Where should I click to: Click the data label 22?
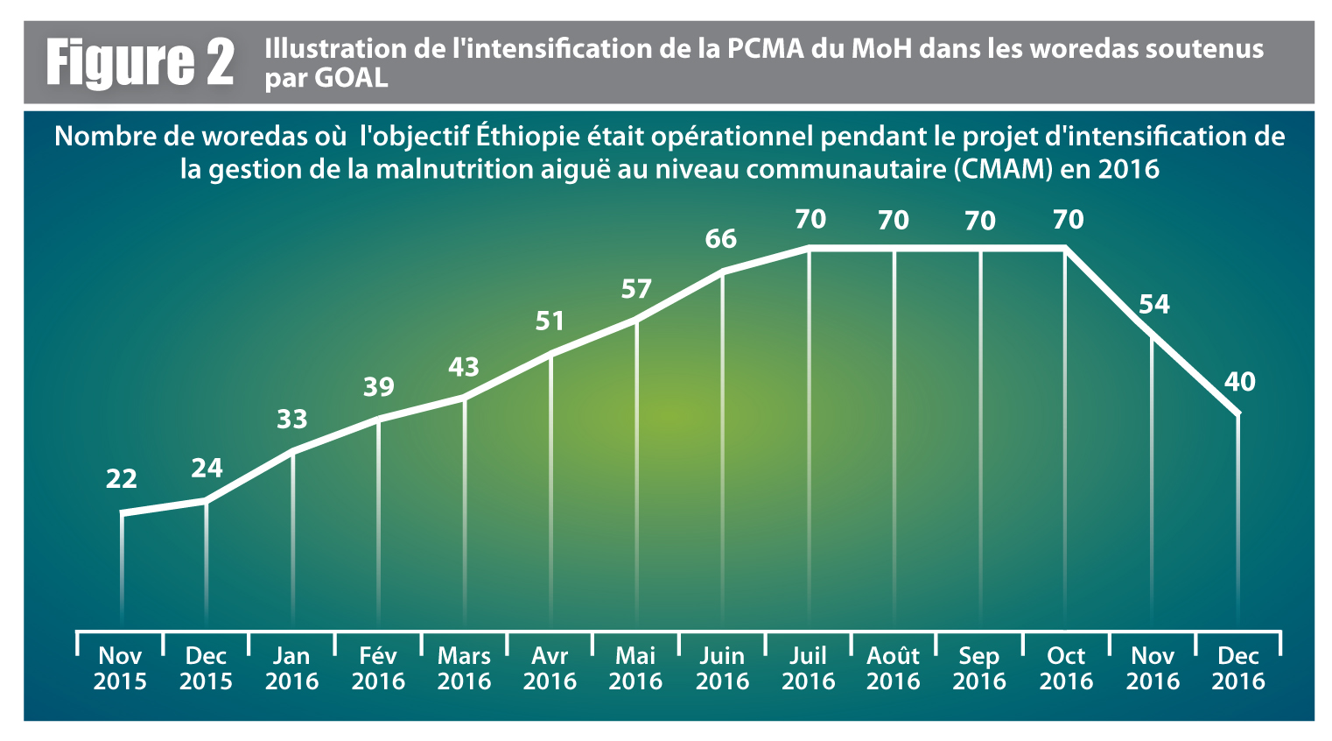[x=122, y=479]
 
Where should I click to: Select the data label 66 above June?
[x=721, y=239]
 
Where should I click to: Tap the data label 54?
[x=1153, y=304]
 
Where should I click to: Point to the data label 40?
[x=1239, y=382]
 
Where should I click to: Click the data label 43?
[x=464, y=367]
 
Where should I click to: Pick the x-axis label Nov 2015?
[x=120, y=668]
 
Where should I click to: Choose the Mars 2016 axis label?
[x=464, y=668]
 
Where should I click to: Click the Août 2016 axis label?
[x=894, y=668]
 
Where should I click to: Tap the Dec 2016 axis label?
[x=1238, y=668]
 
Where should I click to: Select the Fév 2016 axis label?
[x=378, y=668]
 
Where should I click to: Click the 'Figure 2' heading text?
[x=140, y=63]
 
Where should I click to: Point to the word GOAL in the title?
[x=351, y=78]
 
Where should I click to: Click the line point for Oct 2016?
[x=1065, y=251]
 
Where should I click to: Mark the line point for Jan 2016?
[x=292, y=452]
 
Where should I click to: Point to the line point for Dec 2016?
[x=1237, y=413]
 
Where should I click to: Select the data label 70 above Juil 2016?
[x=810, y=219]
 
